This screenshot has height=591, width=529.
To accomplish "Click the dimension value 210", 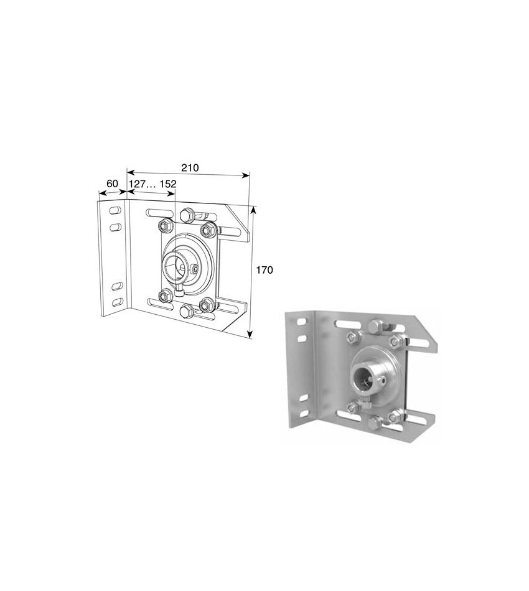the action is (x=190, y=168).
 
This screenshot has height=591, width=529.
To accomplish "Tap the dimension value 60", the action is (x=113, y=184).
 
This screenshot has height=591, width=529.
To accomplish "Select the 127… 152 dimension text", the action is (x=152, y=184).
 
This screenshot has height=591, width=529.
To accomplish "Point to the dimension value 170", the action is (x=264, y=270).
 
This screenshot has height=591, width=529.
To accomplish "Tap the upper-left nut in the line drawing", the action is (x=166, y=226).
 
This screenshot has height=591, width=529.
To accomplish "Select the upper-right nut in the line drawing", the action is (x=208, y=230).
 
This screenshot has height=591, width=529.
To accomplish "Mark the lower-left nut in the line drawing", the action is (x=165, y=295).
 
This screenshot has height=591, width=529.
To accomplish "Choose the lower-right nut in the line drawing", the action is (x=206, y=304).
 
